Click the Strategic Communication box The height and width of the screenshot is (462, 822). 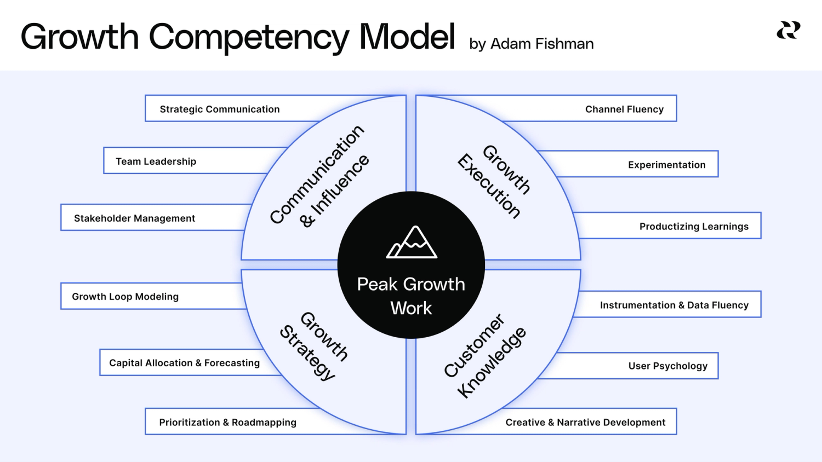coord(219,109)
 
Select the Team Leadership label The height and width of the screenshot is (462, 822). coord(156,161)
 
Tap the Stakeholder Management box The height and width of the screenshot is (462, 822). coord(134,218)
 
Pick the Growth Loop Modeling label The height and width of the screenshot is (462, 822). coord(125,296)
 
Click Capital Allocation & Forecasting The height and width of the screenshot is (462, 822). coord(184,362)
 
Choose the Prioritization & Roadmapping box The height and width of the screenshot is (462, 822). coord(227,422)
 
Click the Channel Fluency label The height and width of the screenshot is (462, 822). coord(624,109)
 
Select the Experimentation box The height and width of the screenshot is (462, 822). coord(666,164)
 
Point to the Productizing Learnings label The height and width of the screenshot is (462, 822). coord(694,226)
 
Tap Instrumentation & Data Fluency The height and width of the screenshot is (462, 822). coord(674,305)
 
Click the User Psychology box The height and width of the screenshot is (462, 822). coord(667,366)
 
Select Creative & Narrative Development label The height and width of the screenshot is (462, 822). coord(585,422)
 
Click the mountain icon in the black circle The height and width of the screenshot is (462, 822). coord(412,242)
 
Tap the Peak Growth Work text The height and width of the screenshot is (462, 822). coord(411,296)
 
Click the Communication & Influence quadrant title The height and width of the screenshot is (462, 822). coord(319,175)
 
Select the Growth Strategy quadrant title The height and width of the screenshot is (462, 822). coord(314,345)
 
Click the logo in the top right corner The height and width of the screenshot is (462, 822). coord(788,30)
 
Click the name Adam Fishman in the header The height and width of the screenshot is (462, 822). coord(541,44)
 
